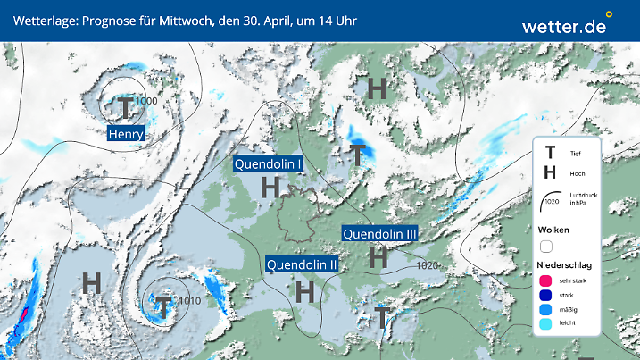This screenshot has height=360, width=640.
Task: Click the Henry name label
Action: (126, 134)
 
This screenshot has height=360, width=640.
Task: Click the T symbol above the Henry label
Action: (126, 108)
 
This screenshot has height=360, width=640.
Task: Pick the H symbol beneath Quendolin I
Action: (270, 188)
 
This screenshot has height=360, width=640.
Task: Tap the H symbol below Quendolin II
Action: (305, 290)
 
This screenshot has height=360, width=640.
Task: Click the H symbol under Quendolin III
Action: (378, 257)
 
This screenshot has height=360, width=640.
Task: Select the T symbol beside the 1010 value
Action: (164, 306)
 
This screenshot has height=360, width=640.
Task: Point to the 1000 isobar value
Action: (147, 101)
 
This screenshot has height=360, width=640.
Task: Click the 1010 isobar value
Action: (189, 301)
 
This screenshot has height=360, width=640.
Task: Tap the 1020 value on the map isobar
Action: (427, 265)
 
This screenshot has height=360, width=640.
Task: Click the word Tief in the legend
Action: (576, 154)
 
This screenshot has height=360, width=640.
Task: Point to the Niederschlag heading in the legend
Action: (566, 264)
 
